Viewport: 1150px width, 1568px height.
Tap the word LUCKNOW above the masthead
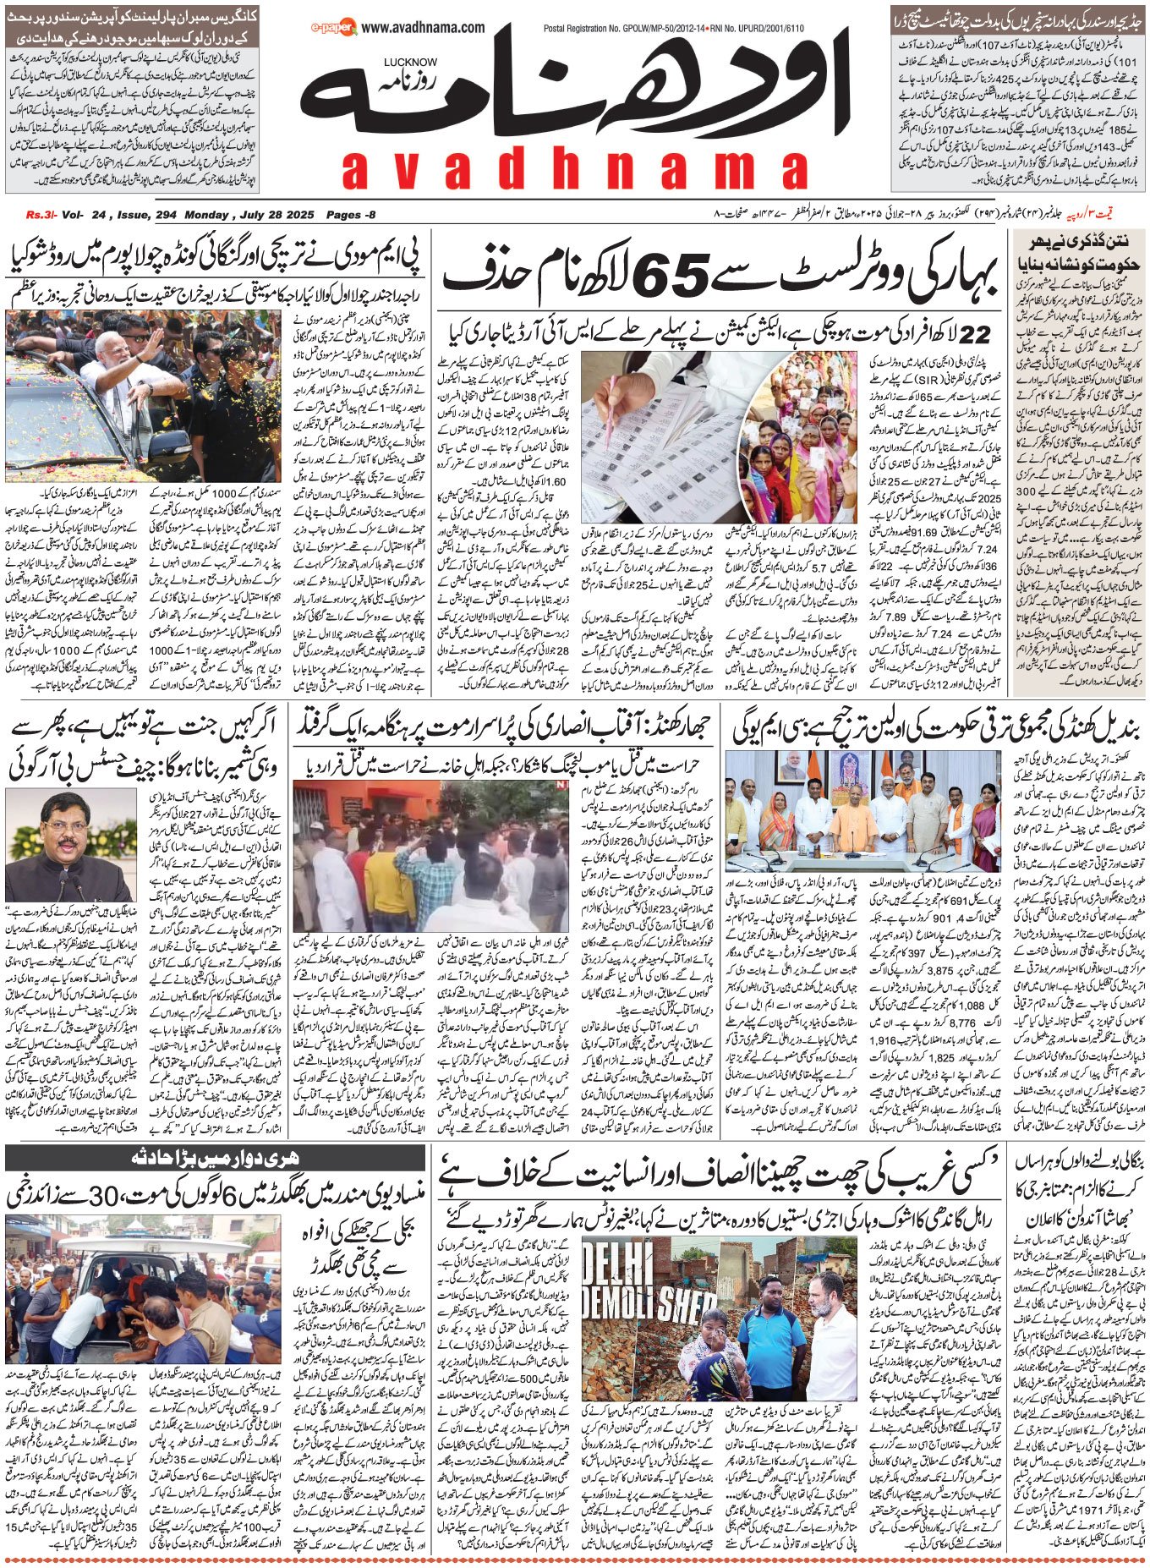coord(410,62)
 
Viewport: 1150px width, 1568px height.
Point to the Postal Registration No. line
coord(673,28)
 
